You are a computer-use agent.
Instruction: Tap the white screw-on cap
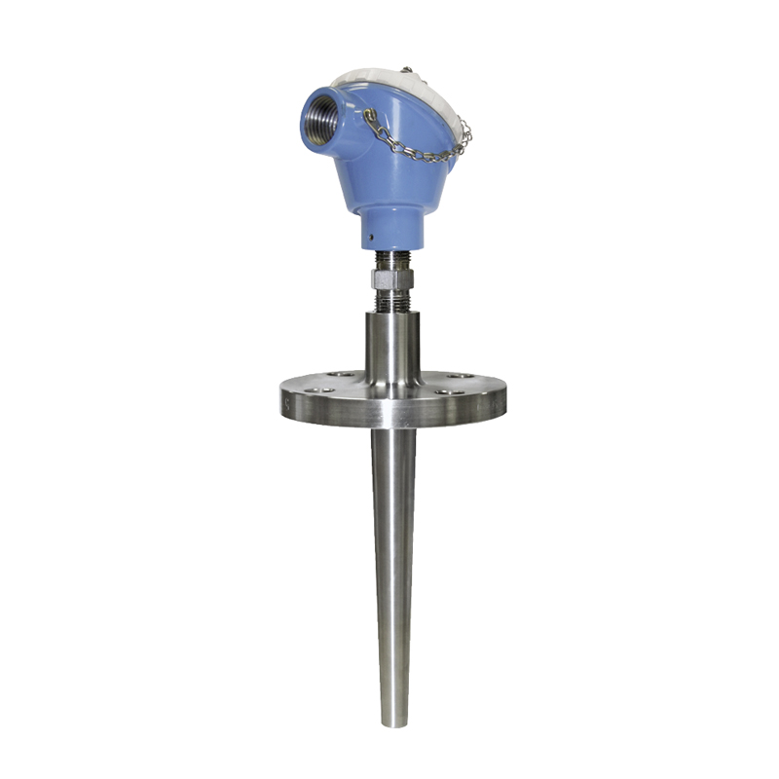[x=389, y=83]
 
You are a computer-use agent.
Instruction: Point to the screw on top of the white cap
[x=407, y=70]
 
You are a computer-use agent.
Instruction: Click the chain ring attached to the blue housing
[x=370, y=116]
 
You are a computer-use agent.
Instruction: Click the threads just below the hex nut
[x=393, y=300]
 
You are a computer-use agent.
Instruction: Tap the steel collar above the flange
[x=393, y=346]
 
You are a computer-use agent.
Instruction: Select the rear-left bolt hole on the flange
[x=336, y=373]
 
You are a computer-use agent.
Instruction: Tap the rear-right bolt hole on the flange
[x=451, y=374]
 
